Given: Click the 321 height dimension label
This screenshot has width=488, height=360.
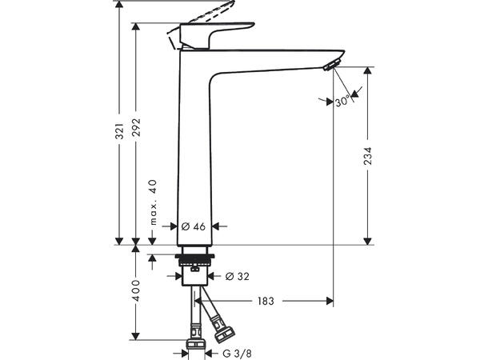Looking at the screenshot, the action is [x=120, y=131].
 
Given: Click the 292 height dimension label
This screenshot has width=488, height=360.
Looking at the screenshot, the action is [x=136, y=127].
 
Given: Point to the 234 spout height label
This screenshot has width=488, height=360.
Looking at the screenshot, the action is [x=367, y=156].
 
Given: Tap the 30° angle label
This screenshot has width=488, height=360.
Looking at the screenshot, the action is [x=342, y=102].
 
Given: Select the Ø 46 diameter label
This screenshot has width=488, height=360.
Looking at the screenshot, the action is [x=194, y=226].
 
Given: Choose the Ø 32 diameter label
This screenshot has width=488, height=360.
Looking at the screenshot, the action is [x=237, y=276].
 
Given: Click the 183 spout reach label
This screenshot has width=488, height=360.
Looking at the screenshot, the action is [x=266, y=301].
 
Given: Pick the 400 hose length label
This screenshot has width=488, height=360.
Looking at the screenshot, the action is [x=136, y=290].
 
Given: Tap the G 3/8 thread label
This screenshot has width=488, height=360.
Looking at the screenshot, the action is [x=237, y=354].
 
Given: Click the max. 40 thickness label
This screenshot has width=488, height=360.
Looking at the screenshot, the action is [x=153, y=202].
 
